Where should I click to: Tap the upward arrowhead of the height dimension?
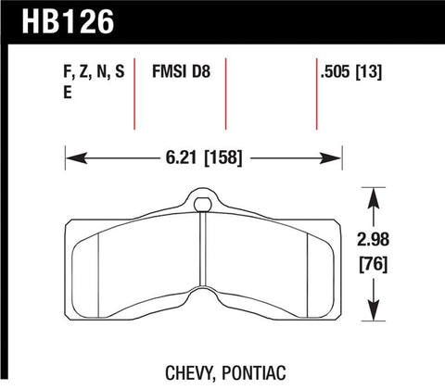[373, 195]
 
